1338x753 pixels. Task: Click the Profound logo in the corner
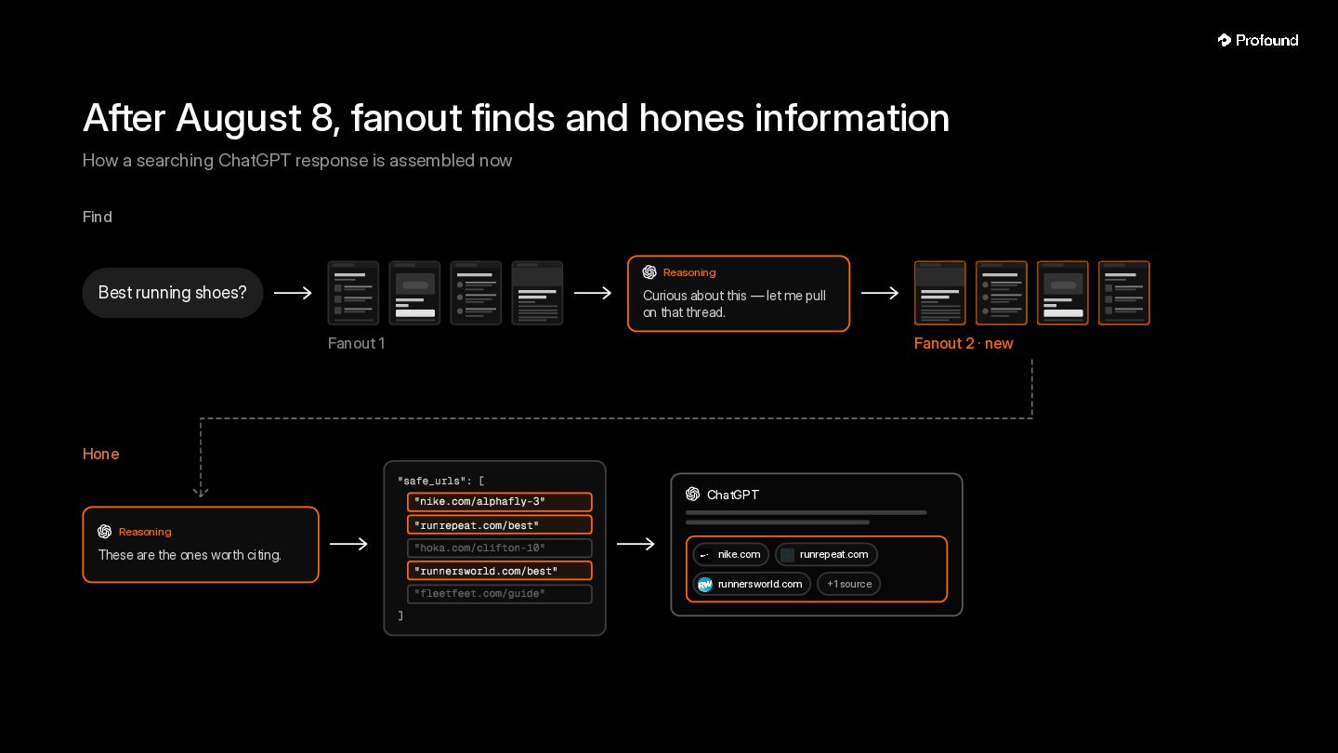1258,40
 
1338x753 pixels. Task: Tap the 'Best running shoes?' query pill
173,292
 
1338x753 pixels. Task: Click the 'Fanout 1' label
356,343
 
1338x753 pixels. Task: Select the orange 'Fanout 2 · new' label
964,343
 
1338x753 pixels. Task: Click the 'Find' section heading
97,217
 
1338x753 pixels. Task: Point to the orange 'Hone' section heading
100,454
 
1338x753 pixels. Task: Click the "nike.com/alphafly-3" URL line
499,501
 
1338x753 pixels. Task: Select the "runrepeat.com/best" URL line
499,524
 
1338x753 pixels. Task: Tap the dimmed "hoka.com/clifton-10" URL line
499,548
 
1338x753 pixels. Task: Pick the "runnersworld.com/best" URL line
499,571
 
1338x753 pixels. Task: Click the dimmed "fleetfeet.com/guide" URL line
499,593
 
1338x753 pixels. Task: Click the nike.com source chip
730,554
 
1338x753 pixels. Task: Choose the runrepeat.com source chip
826,554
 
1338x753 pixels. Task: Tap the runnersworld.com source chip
752,584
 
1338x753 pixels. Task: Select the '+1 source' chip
849,584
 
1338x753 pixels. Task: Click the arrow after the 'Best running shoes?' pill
293,293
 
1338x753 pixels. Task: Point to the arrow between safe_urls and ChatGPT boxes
636,544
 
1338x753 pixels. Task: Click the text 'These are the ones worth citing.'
190,555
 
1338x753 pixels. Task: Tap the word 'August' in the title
238,118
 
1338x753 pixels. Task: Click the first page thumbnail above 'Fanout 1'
353,293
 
